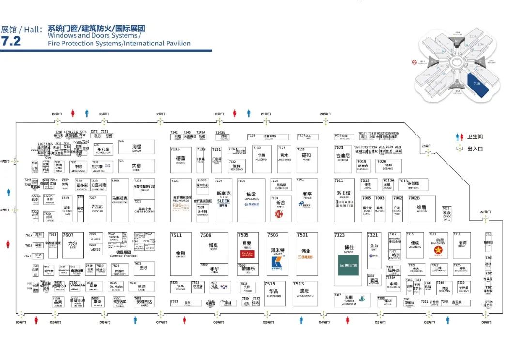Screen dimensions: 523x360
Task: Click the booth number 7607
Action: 68,235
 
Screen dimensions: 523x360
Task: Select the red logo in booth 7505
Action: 247,254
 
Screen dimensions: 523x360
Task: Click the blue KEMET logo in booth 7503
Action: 277,262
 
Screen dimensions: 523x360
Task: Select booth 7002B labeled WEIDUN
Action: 421,209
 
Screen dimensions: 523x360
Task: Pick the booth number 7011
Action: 338,181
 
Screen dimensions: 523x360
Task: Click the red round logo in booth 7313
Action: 439,250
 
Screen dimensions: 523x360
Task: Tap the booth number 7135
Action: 175,150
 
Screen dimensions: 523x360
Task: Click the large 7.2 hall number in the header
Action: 11,42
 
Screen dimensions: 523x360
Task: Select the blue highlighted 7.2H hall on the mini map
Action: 476,84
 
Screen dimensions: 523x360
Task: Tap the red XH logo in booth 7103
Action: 279,213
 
